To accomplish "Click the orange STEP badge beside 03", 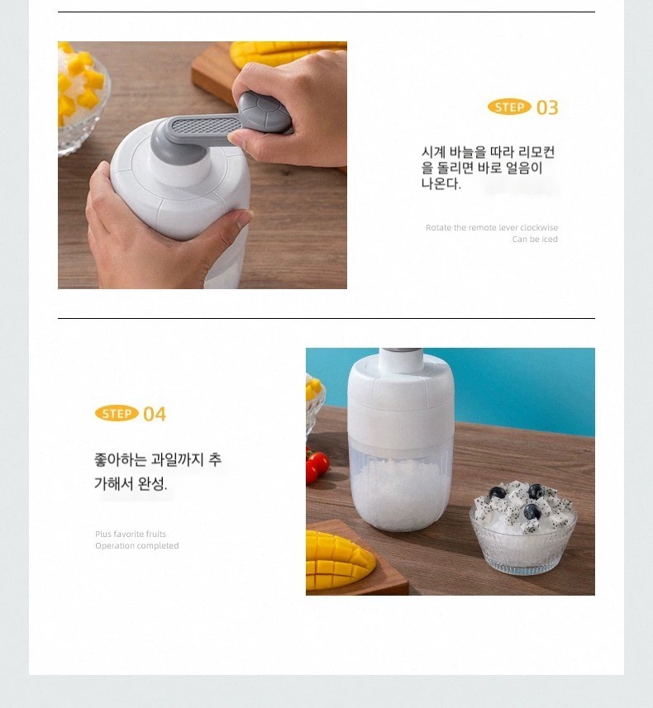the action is point(509,107).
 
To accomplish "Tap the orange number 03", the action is point(547,108).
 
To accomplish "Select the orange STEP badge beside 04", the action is point(117,414).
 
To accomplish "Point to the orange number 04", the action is point(155,414).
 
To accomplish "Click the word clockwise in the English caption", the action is point(539,227).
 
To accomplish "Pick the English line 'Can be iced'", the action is point(535,240).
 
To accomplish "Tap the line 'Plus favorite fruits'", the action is point(130,535).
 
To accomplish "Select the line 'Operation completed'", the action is point(137,546).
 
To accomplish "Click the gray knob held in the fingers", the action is point(265,112).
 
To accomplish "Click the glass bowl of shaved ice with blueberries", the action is point(523,527).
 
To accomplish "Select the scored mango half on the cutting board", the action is point(339,561).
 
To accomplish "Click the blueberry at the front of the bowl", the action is point(531,512).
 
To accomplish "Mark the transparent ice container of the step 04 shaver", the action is point(400,483).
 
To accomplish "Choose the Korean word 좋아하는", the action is point(120,459).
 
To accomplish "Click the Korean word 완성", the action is point(152,484).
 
